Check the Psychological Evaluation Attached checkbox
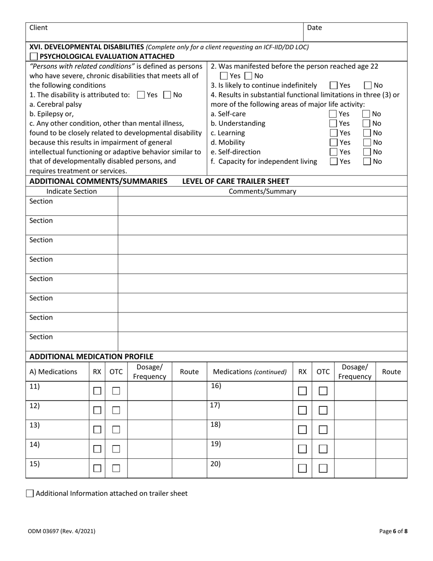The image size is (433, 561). (34, 57)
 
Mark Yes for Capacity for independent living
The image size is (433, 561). (334, 161)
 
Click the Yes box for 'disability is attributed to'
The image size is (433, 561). (141, 95)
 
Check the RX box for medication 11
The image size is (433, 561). (97, 391)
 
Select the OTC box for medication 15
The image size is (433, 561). (116, 468)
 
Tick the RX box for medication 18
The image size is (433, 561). (302, 430)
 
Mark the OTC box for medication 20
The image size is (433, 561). (323, 468)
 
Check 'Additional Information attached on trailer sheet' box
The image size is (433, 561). (30, 493)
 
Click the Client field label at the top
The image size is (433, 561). (38, 27)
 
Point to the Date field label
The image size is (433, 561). (314, 27)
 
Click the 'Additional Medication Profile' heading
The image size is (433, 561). (91, 356)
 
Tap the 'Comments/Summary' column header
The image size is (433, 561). (262, 192)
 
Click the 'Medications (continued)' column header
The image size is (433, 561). (249, 372)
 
